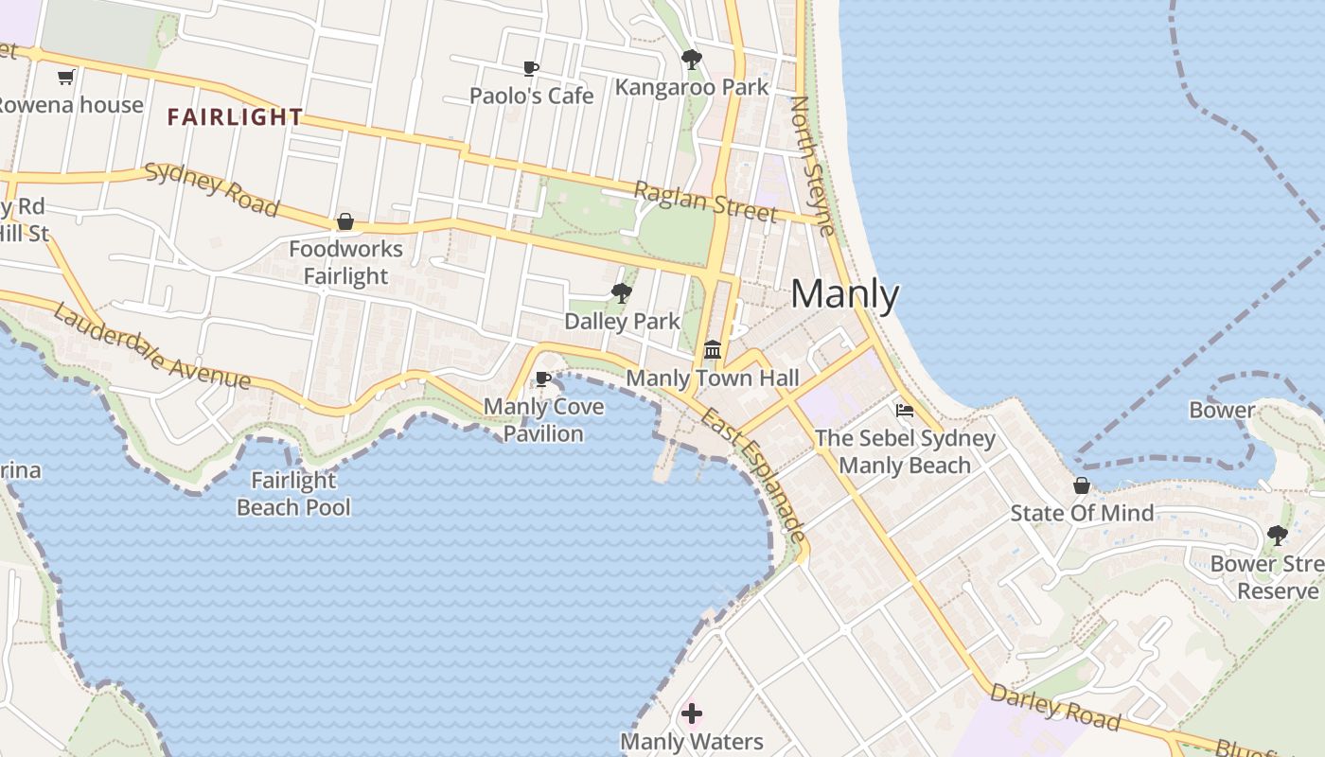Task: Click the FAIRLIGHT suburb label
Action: tap(235, 117)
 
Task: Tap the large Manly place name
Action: tap(844, 294)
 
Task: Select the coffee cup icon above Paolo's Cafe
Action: tap(531, 68)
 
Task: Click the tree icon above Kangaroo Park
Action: tap(692, 60)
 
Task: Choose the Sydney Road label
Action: tap(212, 189)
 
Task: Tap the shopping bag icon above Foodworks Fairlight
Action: tap(345, 221)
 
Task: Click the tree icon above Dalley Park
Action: tap(622, 293)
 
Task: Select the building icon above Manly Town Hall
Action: tap(713, 350)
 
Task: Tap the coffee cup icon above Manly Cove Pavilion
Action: tap(542, 379)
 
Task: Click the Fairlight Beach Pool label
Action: tap(293, 494)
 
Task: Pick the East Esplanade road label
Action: tap(754, 476)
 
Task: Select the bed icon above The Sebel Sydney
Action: tap(905, 411)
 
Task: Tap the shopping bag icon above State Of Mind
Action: tap(1082, 485)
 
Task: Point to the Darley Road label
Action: tap(1055, 708)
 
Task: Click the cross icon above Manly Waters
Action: tap(692, 713)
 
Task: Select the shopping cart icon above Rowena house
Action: tap(65, 77)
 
